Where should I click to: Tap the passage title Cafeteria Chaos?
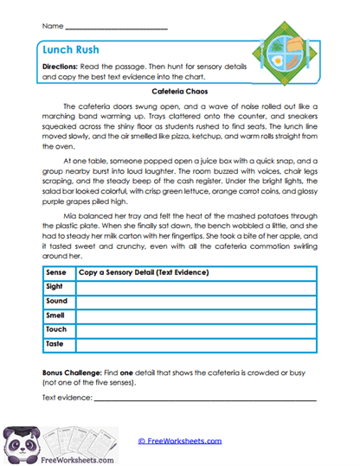179,90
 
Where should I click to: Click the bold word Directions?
64,67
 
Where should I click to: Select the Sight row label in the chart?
56,287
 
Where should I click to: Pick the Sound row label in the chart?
58,301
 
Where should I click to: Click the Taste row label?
56,344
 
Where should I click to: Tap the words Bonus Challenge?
75,370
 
